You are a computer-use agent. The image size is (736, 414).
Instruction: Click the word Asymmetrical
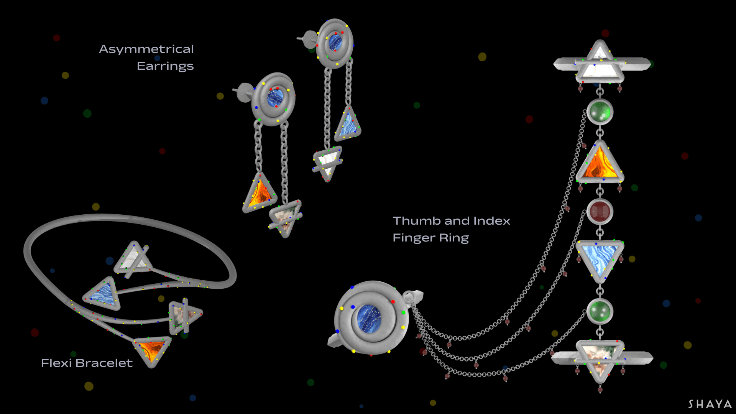pos(146,49)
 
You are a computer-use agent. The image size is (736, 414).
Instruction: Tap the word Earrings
pos(165,66)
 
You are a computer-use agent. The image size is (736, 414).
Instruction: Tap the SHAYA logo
pos(710,404)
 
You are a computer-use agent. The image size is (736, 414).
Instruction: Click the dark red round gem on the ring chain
pos(600,212)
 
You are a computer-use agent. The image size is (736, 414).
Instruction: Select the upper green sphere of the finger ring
pos(600,112)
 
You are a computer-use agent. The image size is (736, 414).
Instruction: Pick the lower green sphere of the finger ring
pos(600,311)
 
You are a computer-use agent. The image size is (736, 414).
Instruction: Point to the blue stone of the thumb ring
pos(368,318)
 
